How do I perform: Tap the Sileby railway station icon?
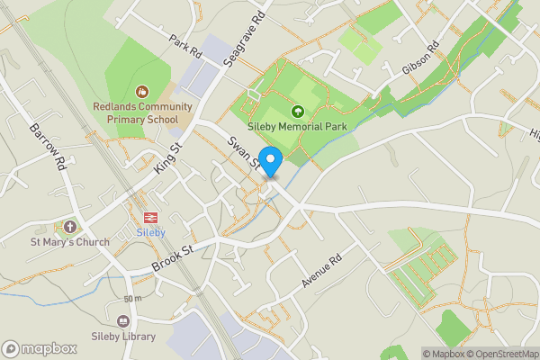150,217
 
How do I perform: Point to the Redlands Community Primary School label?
142,111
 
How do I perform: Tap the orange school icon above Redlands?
141,91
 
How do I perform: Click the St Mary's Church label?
70,241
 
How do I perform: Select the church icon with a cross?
70,226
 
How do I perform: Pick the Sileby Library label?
123,337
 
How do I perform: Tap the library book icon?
123,320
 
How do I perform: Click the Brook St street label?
173,255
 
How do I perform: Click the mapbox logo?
39,348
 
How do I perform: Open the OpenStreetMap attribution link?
501,354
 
